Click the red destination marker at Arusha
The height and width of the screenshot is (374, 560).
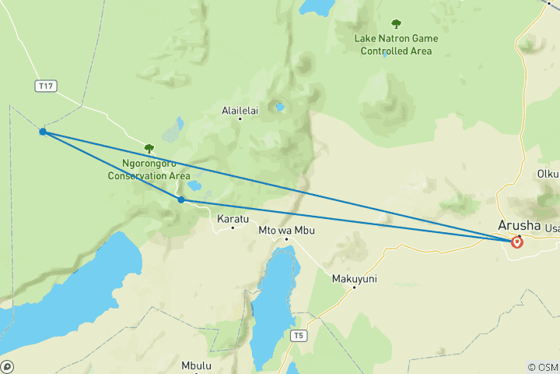(517, 242)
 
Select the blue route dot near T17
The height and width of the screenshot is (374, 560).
(43, 132)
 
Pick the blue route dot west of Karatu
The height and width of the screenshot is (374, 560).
(181, 199)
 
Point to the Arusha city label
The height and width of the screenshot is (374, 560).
(519, 226)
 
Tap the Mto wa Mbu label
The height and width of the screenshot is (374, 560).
(285, 231)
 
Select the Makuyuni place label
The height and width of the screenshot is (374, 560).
(354, 278)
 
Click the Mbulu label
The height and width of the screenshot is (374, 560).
(196, 365)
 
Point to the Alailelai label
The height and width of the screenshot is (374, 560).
(240, 110)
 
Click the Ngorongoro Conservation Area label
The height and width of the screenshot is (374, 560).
(148, 170)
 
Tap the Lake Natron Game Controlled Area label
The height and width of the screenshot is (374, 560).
(396, 44)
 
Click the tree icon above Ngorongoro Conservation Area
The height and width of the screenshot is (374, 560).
(149, 148)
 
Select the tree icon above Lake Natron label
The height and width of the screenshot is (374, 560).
(396, 23)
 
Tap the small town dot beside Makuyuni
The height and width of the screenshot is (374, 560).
(354, 288)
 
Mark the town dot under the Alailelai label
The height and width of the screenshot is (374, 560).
(240, 118)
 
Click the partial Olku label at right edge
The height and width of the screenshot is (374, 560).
(548, 175)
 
